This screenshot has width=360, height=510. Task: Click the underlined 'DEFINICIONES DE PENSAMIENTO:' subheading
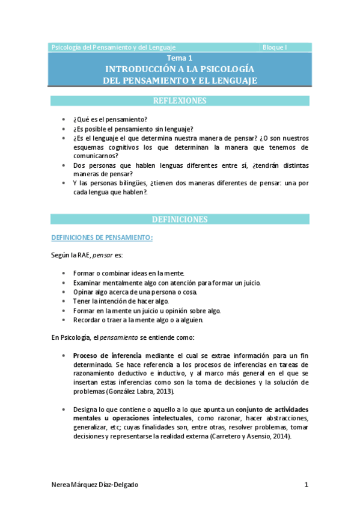102,238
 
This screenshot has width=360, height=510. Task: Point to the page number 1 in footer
306,485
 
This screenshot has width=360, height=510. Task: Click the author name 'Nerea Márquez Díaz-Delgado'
99,485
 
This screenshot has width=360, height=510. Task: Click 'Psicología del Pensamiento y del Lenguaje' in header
114,47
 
